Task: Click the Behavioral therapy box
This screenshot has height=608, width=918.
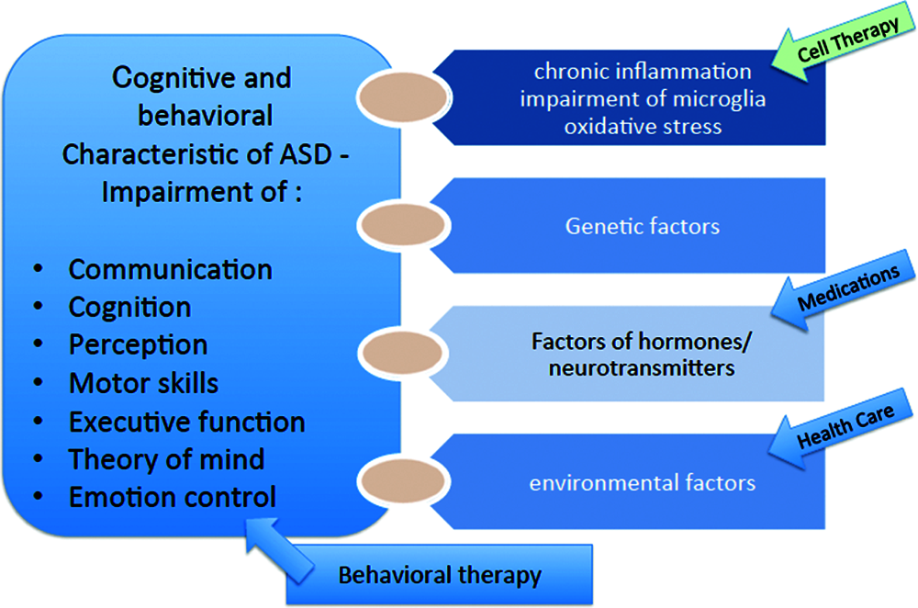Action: tap(440, 576)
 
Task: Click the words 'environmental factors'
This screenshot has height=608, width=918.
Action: tap(643, 482)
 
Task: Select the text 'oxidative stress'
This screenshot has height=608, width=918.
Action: tap(643, 126)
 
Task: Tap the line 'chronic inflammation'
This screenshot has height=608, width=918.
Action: tap(643, 72)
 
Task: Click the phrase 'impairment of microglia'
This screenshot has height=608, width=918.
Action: tap(643, 99)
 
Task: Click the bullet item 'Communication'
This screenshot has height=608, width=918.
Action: tap(170, 270)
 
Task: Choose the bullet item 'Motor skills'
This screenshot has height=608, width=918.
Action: tap(143, 383)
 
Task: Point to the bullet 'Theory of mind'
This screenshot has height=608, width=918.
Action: tap(166, 458)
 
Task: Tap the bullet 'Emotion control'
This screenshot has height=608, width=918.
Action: tap(172, 497)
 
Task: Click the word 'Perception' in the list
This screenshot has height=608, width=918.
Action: tap(138, 344)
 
